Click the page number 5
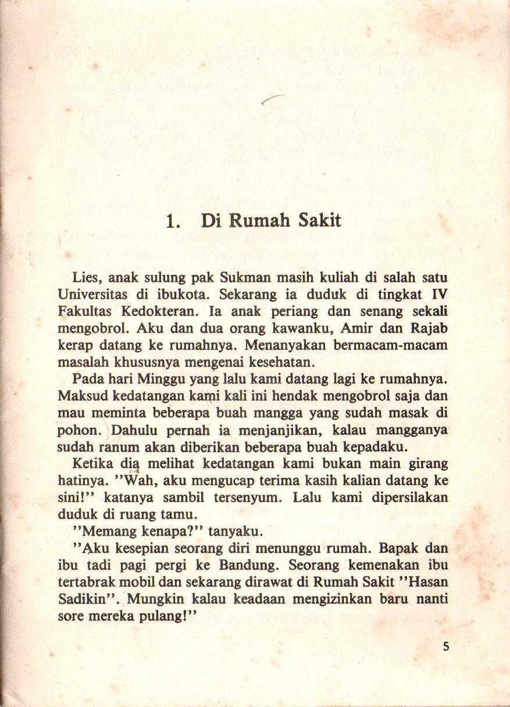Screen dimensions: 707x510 445,646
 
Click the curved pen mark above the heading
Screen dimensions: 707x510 274,99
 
